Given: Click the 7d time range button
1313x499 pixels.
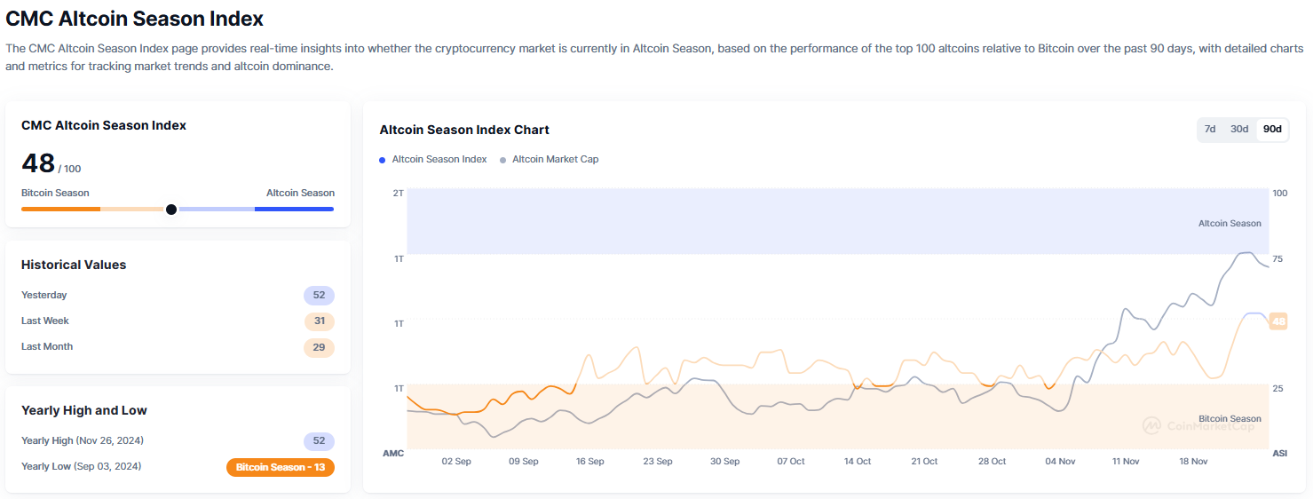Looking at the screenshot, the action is (1210, 129).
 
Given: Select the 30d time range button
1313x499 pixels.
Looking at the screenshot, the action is (1239, 129).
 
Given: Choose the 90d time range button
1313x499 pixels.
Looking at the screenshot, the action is (1272, 129).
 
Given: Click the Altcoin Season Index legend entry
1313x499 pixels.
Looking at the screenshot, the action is (433, 160).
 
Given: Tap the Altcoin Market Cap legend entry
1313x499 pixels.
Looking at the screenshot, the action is (550, 160).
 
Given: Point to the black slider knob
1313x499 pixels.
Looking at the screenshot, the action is (171, 210).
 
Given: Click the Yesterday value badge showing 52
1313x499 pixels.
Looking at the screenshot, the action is (319, 295).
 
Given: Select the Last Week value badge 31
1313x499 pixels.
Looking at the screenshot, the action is (320, 321).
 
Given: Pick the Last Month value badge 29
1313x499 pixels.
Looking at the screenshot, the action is (319, 347).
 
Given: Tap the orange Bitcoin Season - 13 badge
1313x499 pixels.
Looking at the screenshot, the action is (281, 467).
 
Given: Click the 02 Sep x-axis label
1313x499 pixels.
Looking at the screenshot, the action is (456, 462).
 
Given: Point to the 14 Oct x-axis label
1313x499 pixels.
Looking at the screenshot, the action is (858, 462).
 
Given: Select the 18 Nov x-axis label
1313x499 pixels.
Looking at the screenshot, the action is (1193, 462).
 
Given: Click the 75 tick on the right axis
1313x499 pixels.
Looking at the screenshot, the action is (1277, 258).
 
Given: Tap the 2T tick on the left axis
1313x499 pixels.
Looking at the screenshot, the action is (399, 193).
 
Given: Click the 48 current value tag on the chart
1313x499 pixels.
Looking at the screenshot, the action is (1278, 321).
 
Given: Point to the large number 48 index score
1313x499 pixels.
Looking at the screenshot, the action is (38, 163).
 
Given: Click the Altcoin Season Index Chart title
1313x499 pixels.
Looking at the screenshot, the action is (464, 130).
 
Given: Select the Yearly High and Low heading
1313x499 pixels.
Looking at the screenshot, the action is (83, 410).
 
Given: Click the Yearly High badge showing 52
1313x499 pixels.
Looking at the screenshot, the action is (319, 441).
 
